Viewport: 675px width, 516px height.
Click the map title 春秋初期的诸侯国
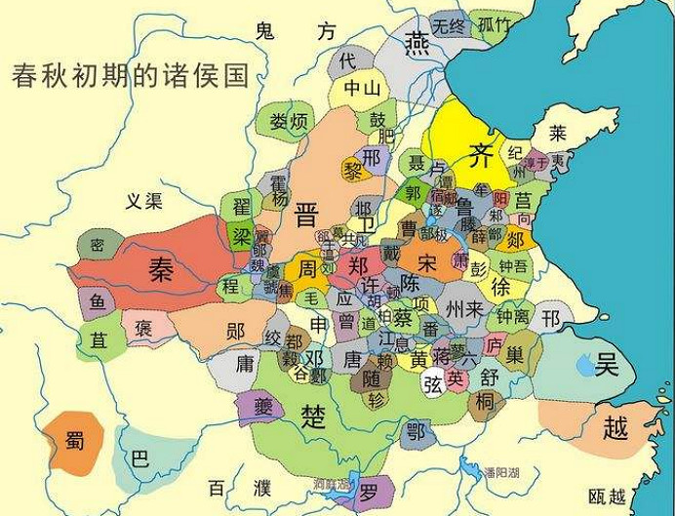(131, 76)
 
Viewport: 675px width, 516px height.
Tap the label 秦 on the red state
(160, 268)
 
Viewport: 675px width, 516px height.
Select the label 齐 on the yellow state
(479, 153)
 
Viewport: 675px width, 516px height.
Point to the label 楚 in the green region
(313, 417)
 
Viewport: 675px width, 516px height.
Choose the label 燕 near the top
(417, 44)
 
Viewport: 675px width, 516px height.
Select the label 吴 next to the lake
(607, 366)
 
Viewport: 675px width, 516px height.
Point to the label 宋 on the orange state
(427, 262)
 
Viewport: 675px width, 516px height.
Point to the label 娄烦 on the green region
(289, 122)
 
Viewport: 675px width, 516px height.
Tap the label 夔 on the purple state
(262, 405)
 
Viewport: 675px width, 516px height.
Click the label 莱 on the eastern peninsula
(557, 132)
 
